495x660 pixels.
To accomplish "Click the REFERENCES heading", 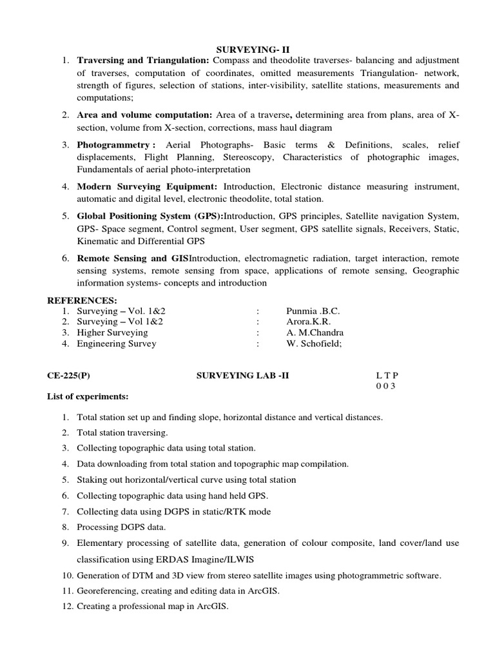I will point(82,300).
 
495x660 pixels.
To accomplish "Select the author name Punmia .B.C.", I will point(313,311).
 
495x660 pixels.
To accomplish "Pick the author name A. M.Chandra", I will point(315,333).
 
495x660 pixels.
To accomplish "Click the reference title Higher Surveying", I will point(112,333).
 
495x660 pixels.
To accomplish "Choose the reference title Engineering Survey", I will point(116,344).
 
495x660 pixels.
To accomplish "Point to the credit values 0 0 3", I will point(385,386).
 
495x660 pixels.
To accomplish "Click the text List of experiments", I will point(88,396).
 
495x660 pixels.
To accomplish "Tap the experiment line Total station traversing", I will point(122,432).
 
